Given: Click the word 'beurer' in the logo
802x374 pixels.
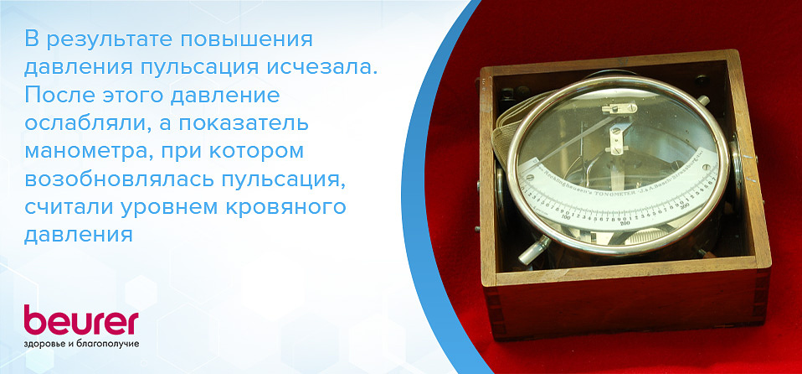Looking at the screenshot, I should tap(80, 322).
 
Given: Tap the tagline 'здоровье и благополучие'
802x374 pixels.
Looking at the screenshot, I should tap(80, 344).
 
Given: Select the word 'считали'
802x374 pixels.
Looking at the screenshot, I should tap(68, 206).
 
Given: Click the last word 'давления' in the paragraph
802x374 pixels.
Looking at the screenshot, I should tap(79, 234).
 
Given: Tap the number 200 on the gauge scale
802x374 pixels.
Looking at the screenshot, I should tap(623, 225).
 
